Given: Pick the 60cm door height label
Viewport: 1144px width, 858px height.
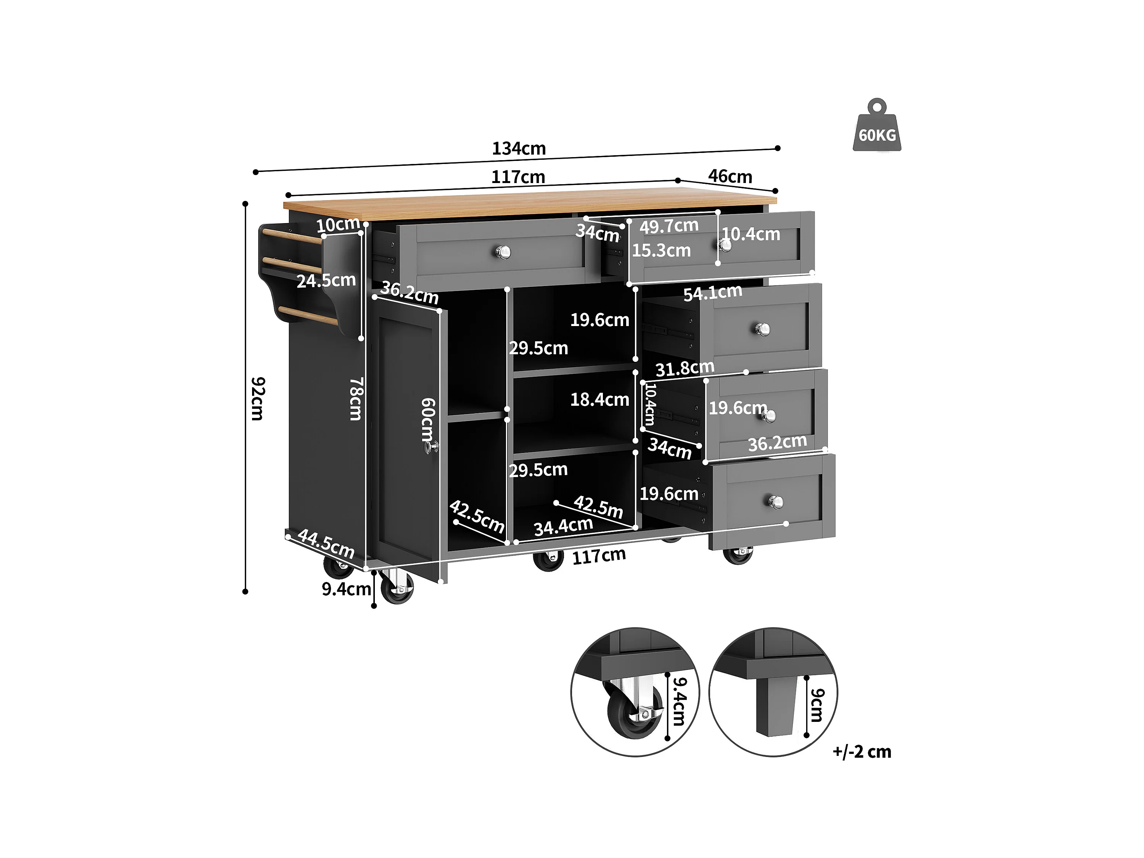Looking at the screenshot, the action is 428,419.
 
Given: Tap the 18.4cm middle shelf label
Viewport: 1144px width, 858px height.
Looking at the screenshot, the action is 599,399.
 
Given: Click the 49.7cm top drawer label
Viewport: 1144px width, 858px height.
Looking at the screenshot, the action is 669,226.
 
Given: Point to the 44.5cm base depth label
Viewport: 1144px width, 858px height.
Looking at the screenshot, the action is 326,544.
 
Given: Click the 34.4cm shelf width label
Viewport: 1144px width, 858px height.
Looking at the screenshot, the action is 563,527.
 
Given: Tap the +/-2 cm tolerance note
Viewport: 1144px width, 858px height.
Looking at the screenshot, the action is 862,752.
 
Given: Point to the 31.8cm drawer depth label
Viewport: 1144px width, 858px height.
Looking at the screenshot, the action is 685,369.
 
